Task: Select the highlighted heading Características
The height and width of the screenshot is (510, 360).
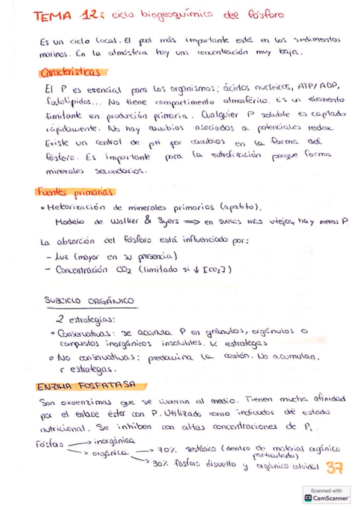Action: [x=70, y=73]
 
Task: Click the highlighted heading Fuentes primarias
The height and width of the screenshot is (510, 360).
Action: [x=75, y=192]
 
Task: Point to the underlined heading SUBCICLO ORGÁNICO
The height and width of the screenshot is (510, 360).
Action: [x=89, y=301]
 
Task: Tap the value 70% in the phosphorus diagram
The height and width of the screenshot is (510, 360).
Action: [x=165, y=450]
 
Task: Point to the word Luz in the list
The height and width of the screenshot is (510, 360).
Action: [x=62, y=256]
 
